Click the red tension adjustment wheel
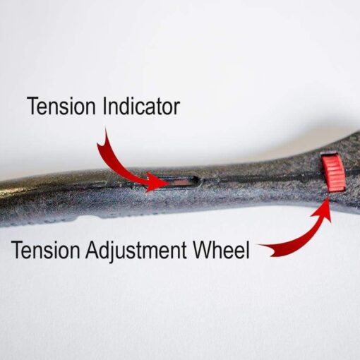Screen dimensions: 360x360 click(x=333, y=172)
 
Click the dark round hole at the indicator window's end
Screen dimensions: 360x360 click(x=196, y=181)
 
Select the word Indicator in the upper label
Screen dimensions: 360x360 click(x=141, y=107)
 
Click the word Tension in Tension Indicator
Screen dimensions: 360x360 click(x=61, y=107)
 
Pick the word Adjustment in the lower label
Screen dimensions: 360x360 click(x=136, y=251)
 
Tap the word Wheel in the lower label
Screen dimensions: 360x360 click(x=221, y=249)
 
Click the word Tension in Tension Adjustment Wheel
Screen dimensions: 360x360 click(x=45, y=250)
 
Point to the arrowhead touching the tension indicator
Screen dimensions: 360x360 click(x=157, y=182)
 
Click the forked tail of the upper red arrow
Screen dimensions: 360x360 click(x=103, y=141)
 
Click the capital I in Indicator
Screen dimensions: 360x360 click(x=104, y=107)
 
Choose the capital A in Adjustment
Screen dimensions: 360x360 click(x=92, y=250)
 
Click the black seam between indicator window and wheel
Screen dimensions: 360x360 click(x=259, y=179)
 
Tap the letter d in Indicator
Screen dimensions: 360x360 click(x=126, y=107)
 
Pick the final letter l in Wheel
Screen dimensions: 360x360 click(x=248, y=249)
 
